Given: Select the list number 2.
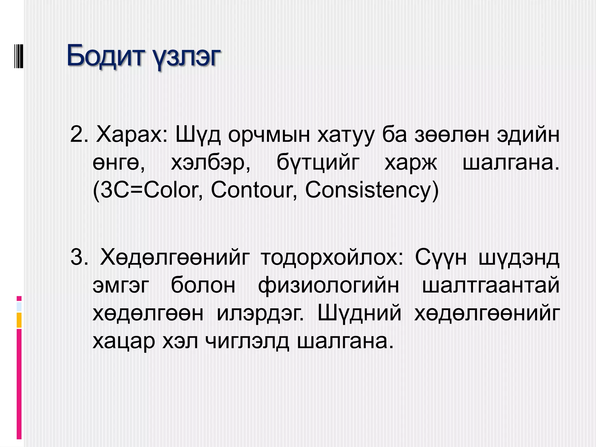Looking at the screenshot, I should [x=79, y=134].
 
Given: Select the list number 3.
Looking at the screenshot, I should [x=79, y=257].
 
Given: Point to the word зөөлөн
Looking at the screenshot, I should [x=452, y=134].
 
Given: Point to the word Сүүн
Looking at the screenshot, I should [x=441, y=257].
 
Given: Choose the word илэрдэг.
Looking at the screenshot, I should [x=260, y=313].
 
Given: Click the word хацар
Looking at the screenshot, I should [x=124, y=341].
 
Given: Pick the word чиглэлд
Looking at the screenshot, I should [x=247, y=341].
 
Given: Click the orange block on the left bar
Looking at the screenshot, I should [x=19, y=320].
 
